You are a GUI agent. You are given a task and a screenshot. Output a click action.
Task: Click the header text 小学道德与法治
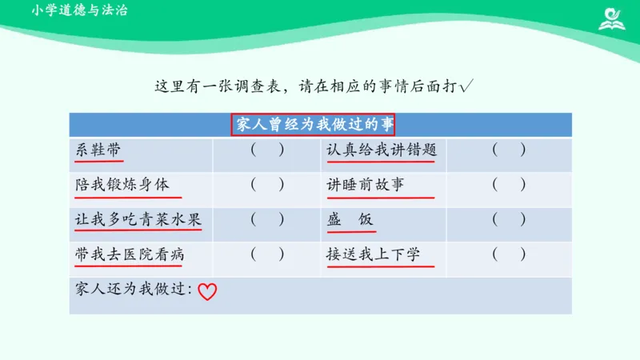[x=81, y=11]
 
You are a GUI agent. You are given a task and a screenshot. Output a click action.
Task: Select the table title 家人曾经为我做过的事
[x=314, y=125]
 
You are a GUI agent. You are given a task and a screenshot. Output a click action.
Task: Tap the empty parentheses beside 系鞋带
[x=267, y=150]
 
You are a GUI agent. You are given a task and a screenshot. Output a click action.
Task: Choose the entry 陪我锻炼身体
[x=122, y=185]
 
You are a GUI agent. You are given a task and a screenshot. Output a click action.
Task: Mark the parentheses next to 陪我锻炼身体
[x=267, y=185]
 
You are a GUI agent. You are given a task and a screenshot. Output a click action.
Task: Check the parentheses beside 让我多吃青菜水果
[x=267, y=219]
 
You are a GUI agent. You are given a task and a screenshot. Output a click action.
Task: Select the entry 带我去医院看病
[x=130, y=254]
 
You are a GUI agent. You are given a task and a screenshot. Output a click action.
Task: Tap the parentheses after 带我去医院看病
[x=267, y=254]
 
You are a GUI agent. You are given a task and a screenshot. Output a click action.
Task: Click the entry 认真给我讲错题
[x=382, y=150]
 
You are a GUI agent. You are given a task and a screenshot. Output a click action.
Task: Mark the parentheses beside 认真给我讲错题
[x=509, y=150]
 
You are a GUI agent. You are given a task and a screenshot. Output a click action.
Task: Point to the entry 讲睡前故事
[x=366, y=185]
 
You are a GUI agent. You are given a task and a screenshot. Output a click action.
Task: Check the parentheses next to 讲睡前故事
[x=509, y=185]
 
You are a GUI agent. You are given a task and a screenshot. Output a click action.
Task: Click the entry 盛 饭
[x=350, y=219]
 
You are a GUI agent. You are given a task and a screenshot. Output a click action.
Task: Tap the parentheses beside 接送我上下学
[x=509, y=254]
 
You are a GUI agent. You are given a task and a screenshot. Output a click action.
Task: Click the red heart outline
[x=207, y=292]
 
